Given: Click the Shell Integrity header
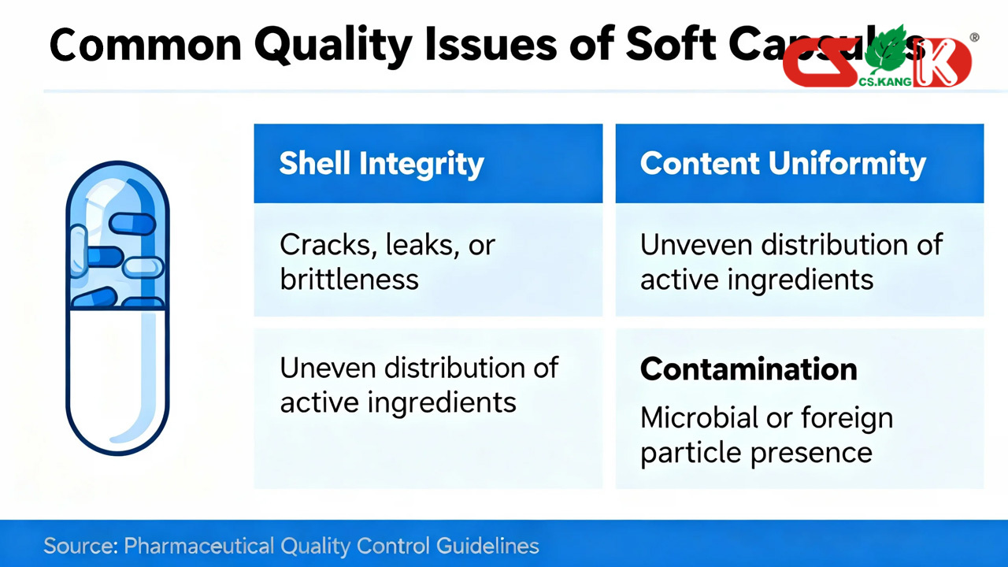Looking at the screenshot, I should coord(381,164).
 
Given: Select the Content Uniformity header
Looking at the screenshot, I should coord(783,164).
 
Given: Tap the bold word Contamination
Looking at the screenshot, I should coord(748,369).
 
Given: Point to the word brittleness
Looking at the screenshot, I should coord(349,279).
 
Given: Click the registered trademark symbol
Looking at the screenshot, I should coord(974,37).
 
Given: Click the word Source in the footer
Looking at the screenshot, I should coord(80,546).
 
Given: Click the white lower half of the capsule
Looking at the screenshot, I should coord(117,378).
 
